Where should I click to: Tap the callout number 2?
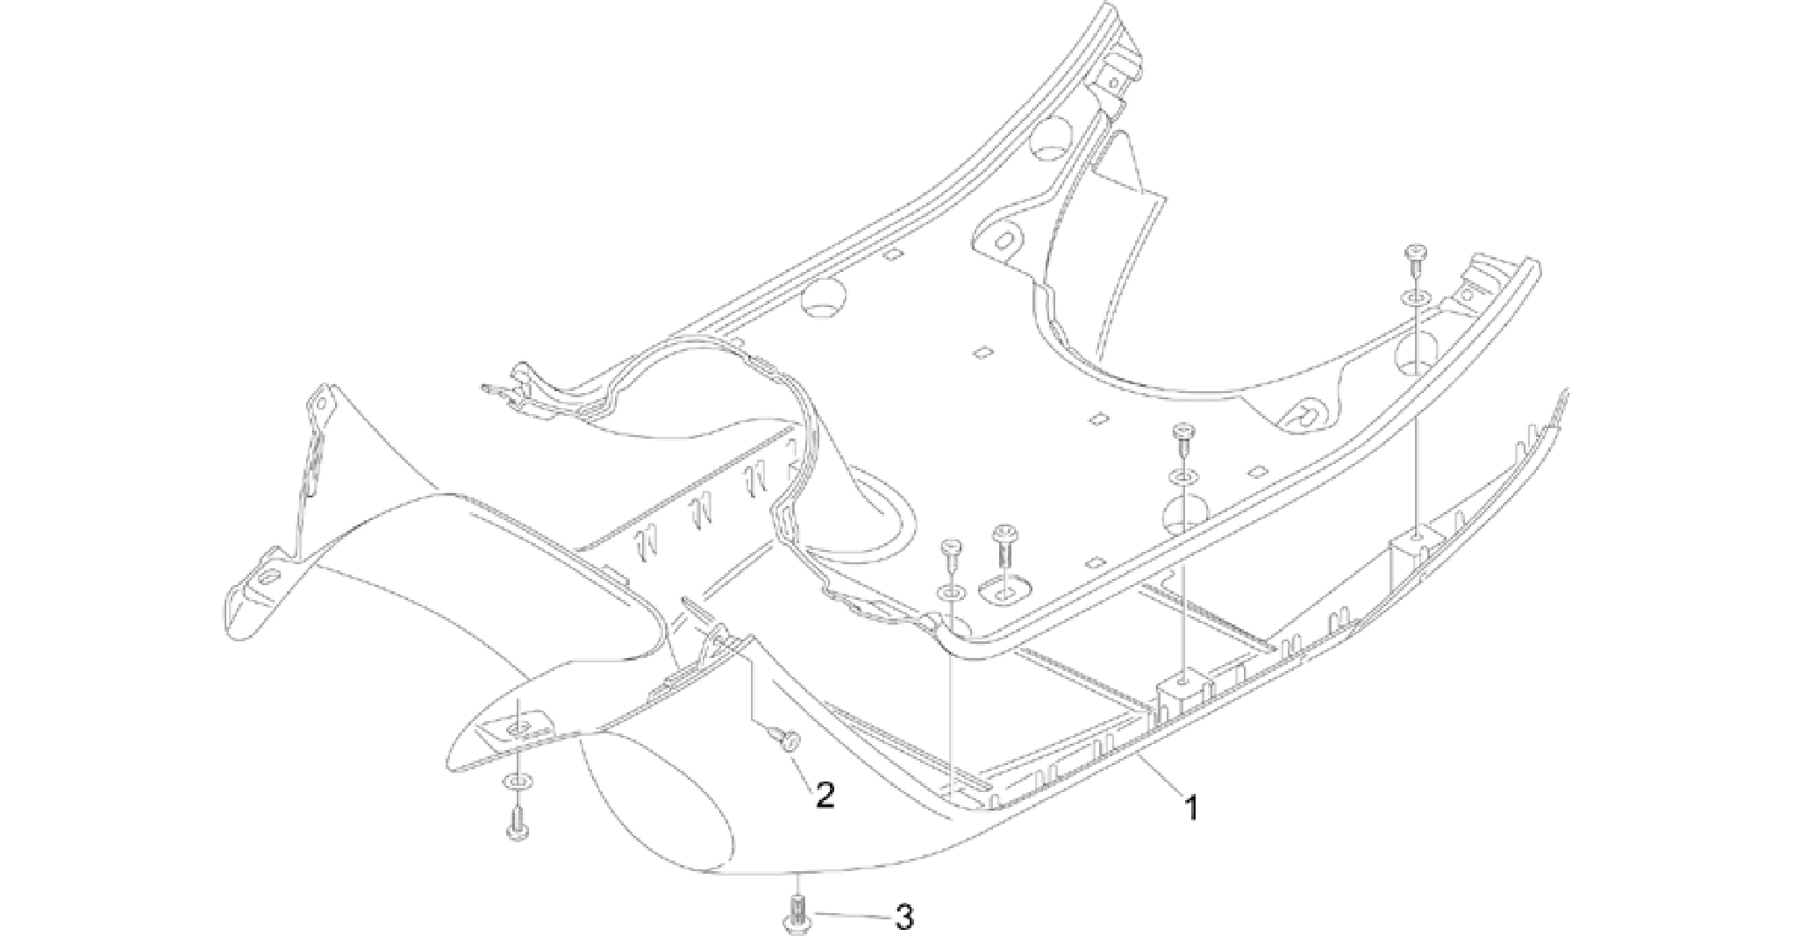[x=825, y=795]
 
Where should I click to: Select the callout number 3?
[x=904, y=918]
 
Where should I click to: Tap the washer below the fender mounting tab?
[x=518, y=781]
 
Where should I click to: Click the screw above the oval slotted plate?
[x=1003, y=546]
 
